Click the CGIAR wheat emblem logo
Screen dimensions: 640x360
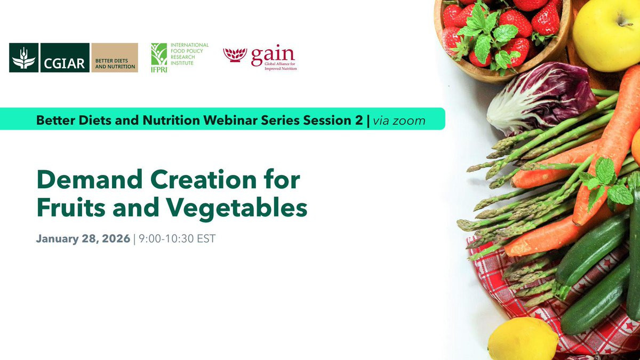click(x=23, y=58)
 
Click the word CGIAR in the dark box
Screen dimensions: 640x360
click(x=65, y=63)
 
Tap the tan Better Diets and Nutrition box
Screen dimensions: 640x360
click(x=115, y=58)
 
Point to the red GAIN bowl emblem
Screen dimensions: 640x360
click(x=235, y=55)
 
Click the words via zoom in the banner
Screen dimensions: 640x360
click(x=399, y=121)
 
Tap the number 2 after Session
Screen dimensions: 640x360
click(x=359, y=121)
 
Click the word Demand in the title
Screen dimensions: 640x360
click(x=90, y=179)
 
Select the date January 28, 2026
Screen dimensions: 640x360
click(x=83, y=238)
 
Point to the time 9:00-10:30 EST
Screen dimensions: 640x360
click(x=177, y=238)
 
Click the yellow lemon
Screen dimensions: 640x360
click(x=523, y=339)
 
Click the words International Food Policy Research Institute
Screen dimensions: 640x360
click(x=189, y=54)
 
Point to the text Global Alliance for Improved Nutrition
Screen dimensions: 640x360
click(x=281, y=66)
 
